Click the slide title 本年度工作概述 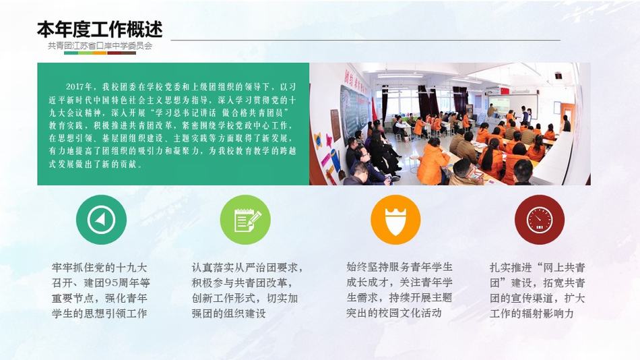(100, 29)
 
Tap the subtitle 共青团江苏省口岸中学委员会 (100, 46)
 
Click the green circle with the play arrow (101, 219)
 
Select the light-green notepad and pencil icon (245, 219)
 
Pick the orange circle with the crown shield (395, 219)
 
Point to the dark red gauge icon (540, 219)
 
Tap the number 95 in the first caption (111, 282)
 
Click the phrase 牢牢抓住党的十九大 (99, 268)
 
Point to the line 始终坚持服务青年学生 (399, 267)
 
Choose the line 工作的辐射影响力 (532, 313)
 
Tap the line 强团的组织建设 (228, 313)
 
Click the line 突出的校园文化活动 (394, 313)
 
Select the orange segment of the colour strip (100, 53)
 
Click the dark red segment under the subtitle (115, 53)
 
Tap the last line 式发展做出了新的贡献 (96, 164)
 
